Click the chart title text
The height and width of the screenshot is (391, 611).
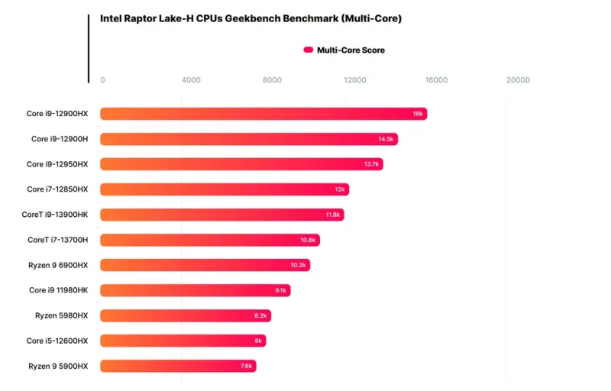251,18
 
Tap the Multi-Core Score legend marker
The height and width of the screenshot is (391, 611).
309,50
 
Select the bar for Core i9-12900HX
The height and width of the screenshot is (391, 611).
263,114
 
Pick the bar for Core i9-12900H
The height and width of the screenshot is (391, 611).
248,139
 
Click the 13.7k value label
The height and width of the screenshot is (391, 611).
372,164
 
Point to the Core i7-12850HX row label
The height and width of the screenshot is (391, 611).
57,189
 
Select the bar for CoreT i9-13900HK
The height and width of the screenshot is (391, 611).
221,215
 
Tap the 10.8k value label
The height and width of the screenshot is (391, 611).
308,240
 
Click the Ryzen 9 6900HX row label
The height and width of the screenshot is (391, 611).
57,265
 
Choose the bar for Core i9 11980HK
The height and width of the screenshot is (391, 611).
195,290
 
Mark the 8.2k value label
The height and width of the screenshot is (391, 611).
260,315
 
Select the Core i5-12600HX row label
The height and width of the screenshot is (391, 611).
57,341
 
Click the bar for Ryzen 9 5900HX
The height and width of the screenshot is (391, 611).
178,366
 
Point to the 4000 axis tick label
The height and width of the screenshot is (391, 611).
191,80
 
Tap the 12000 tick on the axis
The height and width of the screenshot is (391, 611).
355,80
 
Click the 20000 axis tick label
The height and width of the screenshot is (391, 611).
518,80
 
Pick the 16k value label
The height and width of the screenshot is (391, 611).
418,114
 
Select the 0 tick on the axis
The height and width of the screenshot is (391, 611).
103,80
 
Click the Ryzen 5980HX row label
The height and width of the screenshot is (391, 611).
61,315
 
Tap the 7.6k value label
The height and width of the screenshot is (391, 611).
246,366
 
